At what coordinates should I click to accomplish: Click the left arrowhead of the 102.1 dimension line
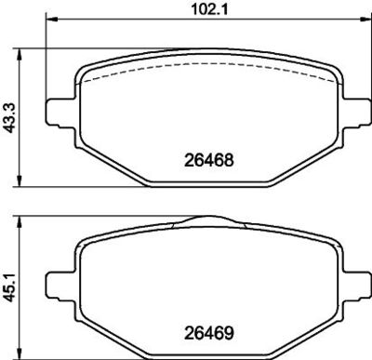52,20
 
